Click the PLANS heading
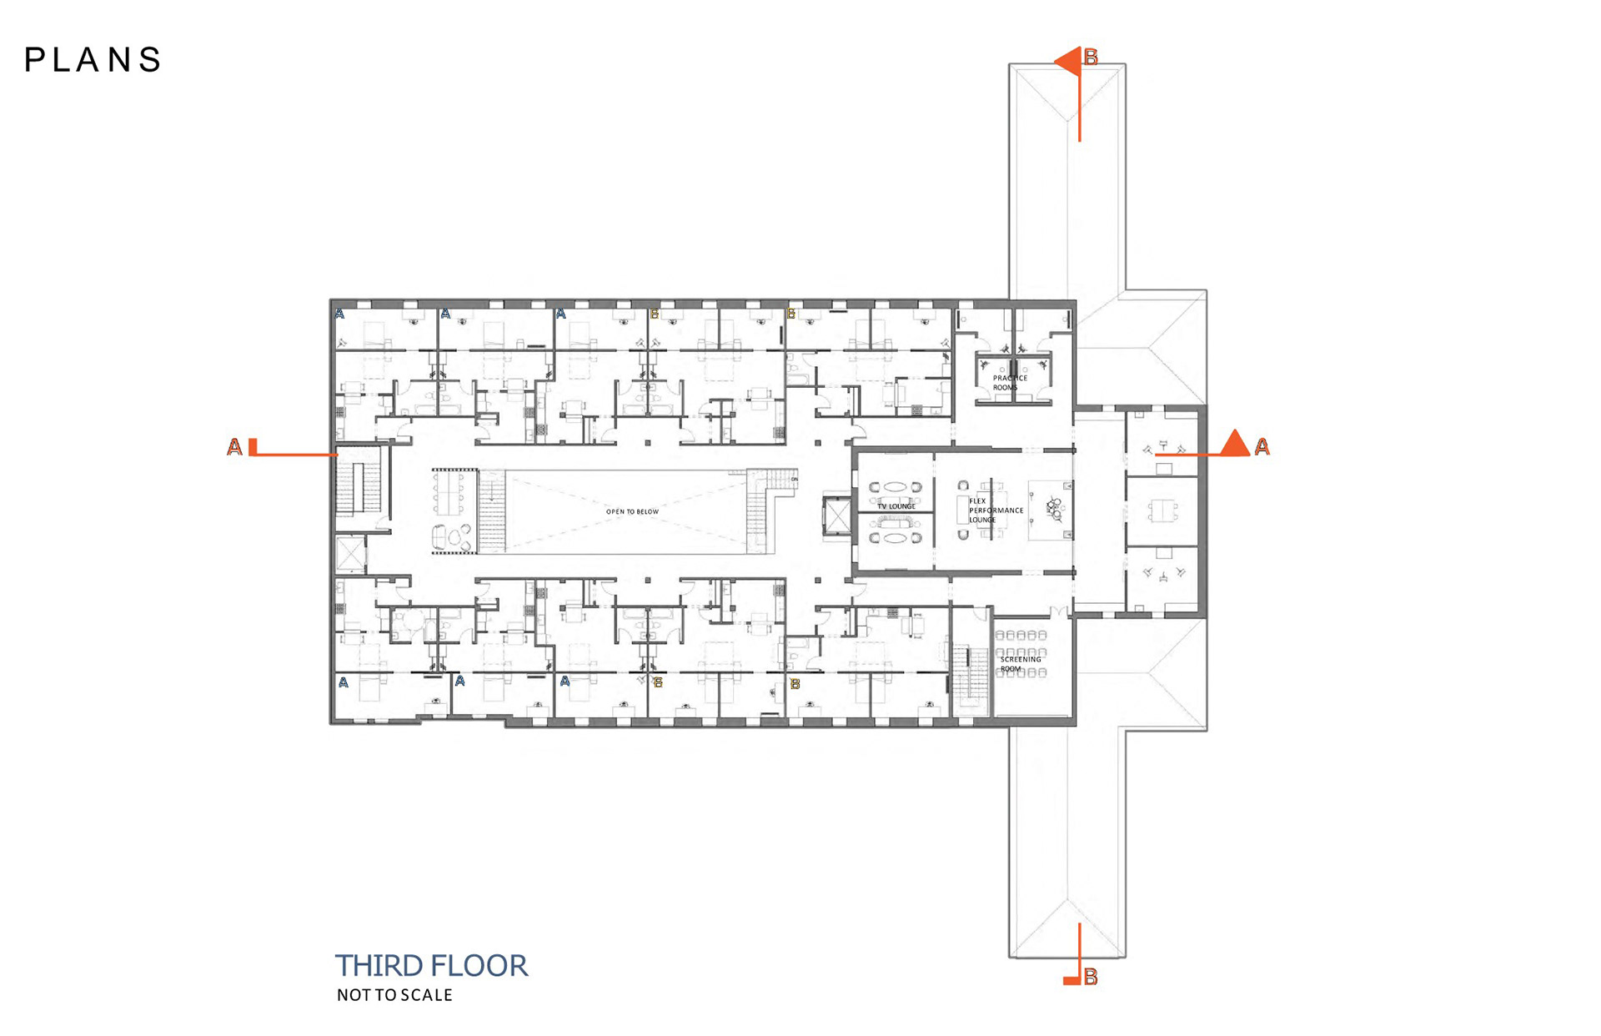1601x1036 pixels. pos(93,60)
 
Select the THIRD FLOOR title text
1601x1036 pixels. pos(431,966)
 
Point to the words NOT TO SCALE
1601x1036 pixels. pos(394,995)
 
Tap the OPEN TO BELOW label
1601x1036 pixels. pos(632,511)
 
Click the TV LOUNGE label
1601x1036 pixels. pos(896,506)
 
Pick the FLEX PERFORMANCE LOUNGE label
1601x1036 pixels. pos(995,510)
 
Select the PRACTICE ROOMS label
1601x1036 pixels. pos(1009,383)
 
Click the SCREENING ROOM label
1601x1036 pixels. pos(1020,664)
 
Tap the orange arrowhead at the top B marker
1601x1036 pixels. pos(1068,61)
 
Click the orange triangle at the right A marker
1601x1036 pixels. pos(1234,444)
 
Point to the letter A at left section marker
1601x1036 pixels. pos(234,448)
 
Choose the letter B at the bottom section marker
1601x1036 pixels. pos(1091,977)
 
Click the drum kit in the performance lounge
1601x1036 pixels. pos(1054,508)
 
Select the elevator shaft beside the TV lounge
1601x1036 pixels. pos(836,517)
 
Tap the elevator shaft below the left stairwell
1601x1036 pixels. pos(349,553)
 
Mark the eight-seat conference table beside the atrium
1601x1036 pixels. pos(451,493)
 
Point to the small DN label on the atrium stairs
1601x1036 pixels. pos(793,480)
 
